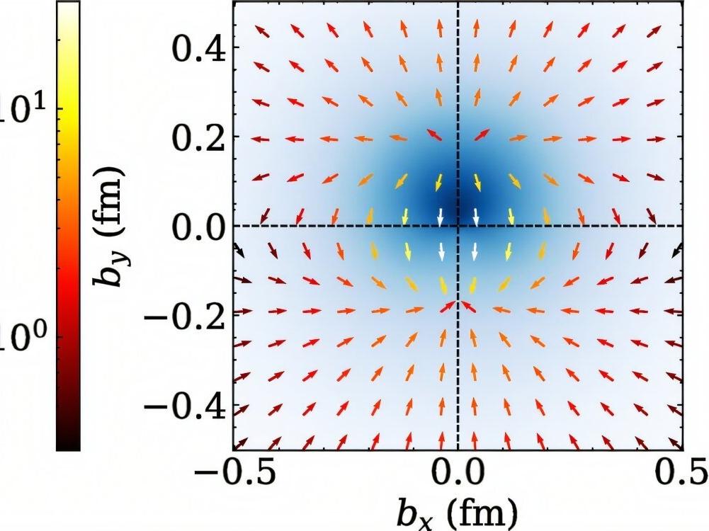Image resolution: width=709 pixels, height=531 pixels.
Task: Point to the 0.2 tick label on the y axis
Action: tap(198, 137)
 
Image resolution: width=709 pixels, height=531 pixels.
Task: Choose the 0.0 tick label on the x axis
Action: tap(458, 476)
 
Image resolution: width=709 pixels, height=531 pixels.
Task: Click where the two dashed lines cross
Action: tap(458, 226)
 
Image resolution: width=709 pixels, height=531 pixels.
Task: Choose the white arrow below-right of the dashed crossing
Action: tap(475, 250)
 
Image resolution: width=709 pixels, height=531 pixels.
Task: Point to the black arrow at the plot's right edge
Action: tap(677, 249)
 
